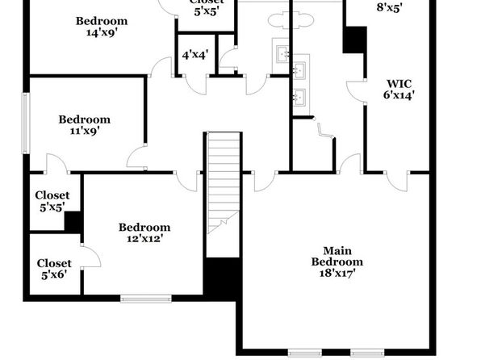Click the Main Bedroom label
click(x=337, y=256)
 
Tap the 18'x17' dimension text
click(x=337, y=273)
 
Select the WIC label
click(x=399, y=83)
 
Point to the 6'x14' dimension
click(x=399, y=95)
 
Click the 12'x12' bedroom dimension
click(x=144, y=238)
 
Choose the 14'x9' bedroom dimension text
click(x=102, y=32)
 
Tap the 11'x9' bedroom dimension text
click(x=85, y=131)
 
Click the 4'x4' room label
click(x=195, y=55)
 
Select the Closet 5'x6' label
click(x=54, y=269)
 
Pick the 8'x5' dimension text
click(x=389, y=8)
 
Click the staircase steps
click(x=224, y=182)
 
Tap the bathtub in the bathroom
click(x=291, y=20)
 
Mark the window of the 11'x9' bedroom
click(x=26, y=123)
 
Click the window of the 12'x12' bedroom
click(x=146, y=299)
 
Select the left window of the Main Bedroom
click(x=305, y=353)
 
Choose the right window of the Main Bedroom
click(x=367, y=353)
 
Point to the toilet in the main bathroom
click(x=325, y=131)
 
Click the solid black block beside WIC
click(x=354, y=40)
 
